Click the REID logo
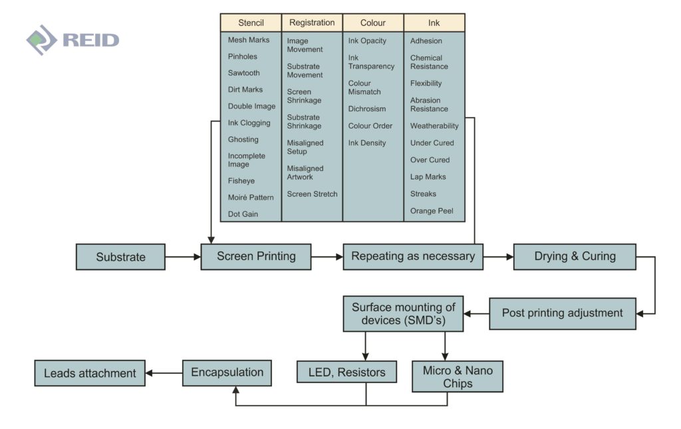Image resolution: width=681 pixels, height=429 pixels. pyautogui.click(x=73, y=40)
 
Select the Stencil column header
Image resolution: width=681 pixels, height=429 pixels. pyautogui.click(x=251, y=23)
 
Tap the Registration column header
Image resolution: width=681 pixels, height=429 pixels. pyautogui.click(x=312, y=23)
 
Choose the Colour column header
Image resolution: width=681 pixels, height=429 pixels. pyautogui.click(x=373, y=23)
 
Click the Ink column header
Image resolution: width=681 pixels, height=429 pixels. pyautogui.click(x=434, y=23)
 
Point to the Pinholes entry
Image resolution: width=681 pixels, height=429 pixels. pyautogui.click(x=243, y=57)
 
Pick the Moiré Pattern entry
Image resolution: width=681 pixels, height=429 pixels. pyautogui.click(x=251, y=198)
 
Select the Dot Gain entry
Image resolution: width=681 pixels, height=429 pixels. pyautogui.click(x=243, y=214)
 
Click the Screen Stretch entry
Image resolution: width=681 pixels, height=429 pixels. pyautogui.click(x=312, y=194)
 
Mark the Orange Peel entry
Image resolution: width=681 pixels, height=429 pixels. pyautogui.click(x=432, y=211)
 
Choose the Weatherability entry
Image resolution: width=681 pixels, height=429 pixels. pyautogui.click(x=434, y=126)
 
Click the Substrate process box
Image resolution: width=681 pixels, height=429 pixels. pyautogui.click(x=120, y=257)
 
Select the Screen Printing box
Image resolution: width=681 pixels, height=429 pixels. pyautogui.click(x=256, y=256)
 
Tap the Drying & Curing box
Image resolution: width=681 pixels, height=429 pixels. pyautogui.click(x=575, y=256)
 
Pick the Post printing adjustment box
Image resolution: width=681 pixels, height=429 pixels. pyautogui.click(x=562, y=313)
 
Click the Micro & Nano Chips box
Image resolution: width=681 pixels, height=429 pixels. pyautogui.click(x=458, y=376)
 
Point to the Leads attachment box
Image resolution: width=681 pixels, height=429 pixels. pyautogui.click(x=90, y=373)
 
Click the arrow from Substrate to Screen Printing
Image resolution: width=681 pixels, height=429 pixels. pyautogui.click(x=183, y=256)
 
